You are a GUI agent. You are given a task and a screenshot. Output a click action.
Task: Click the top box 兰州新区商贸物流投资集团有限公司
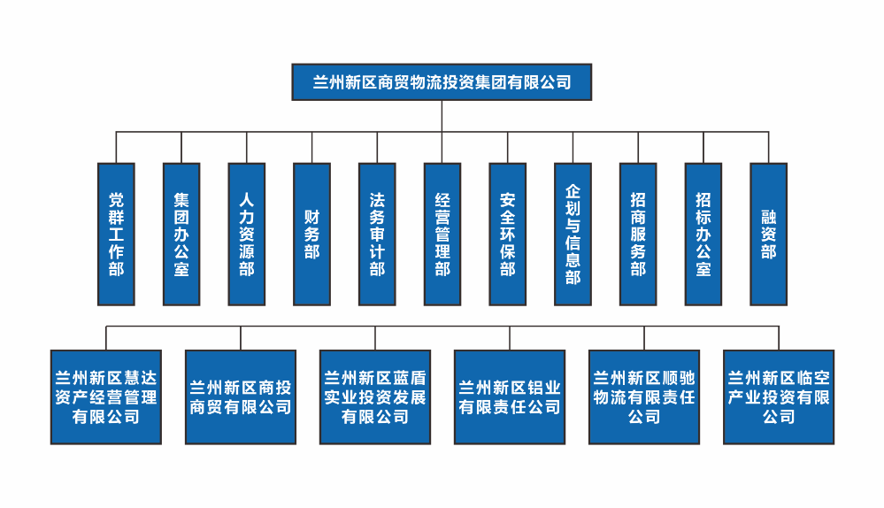click(x=442, y=82)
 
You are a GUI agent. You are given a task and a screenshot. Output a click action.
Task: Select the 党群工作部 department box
click(x=116, y=234)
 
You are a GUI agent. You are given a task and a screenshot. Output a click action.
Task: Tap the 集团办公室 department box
click(x=181, y=234)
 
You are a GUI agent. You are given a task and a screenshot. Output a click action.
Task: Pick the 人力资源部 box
click(x=247, y=234)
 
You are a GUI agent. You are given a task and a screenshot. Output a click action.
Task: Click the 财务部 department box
click(x=311, y=234)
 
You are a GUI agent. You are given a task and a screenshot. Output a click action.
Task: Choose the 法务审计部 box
click(x=377, y=234)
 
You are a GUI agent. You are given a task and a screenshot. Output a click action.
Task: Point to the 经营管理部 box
click(x=442, y=234)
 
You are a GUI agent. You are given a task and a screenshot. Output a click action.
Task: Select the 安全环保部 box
click(x=508, y=234)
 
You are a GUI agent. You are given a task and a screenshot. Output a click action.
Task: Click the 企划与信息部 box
click(x=573, y=234)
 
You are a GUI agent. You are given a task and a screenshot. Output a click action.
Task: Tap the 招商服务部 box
click(x=638, y=234)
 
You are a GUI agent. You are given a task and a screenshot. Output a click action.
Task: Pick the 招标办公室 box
click(x=703, y=234)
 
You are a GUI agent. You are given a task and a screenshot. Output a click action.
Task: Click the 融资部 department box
click(x=768, y=234)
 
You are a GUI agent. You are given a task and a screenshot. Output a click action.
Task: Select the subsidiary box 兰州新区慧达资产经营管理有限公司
click(x=106, y=396)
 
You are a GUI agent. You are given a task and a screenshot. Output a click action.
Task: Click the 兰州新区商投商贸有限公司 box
click(x=241, y=396)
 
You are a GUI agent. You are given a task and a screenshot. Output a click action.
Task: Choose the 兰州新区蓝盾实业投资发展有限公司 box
click(x=375, y=396)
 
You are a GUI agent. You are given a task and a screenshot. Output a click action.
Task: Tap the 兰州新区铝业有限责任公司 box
click(x=510, y=396)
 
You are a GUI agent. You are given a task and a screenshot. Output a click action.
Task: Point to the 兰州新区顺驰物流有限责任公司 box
click(x=644, y=396)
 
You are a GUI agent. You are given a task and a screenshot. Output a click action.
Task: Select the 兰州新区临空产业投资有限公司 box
click(x=779, y=396)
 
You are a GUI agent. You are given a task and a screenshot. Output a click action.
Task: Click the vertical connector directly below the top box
click(x=442, y=116)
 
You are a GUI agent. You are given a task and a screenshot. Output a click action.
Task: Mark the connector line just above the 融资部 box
click(x=768, y=148)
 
